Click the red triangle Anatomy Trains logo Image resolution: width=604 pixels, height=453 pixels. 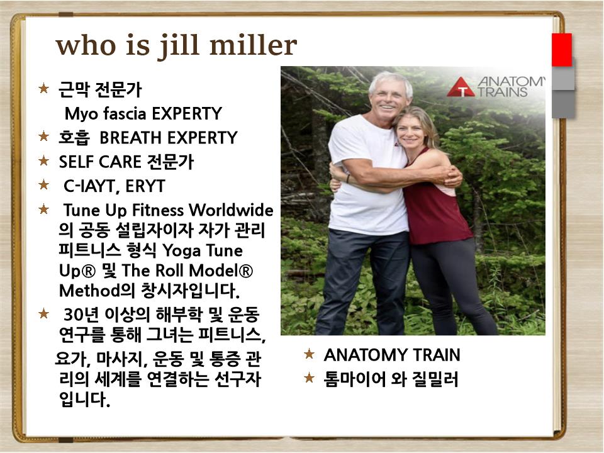(461, 87)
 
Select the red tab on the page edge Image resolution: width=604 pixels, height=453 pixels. (562, 50)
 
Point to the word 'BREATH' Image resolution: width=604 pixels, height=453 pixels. (131, 138)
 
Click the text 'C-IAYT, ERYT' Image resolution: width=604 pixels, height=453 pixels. (115, 186)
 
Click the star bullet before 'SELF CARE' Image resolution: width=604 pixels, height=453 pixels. (44, 160)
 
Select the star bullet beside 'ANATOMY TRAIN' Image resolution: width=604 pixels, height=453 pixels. (310, 354)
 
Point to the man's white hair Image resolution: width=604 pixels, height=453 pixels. (390, 82)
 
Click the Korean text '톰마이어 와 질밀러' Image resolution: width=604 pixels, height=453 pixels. (391, 379)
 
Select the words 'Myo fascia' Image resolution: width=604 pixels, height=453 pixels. (106, 114)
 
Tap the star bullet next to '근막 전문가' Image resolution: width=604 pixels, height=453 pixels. (44, 88)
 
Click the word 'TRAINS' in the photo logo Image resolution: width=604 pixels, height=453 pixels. (502, 92)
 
